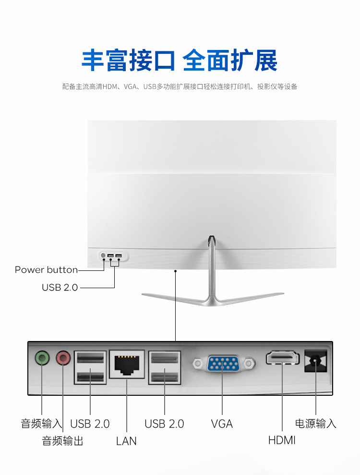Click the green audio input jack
click(x=42, y=358)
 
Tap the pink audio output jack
click(x=63, y=358)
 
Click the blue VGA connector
click(x=224, y=364)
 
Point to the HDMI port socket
click(x=283, y=358)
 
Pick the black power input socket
click(x=316, y=360)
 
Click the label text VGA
click(x=222, y=424)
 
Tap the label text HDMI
click(x=282, y=440)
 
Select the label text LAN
click(x=126, y=440)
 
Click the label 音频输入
click(x=41, y=424)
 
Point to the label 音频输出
click(x=62, y=440)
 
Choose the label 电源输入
click(x=315, y=424)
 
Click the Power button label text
click(x=46, y=269)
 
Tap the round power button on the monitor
click(x=103, y=255)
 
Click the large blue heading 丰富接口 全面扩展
click(x=180, y=61)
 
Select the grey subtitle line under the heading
click(x=180, y=87)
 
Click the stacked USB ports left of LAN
click(x=90, y=367)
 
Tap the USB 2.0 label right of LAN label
click(x=164, y=424)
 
